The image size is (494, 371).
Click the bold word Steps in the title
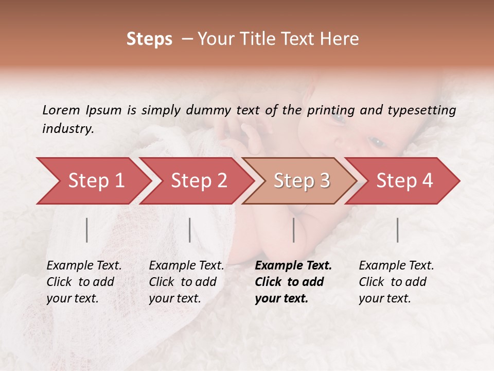(149, 39)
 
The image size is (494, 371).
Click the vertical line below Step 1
(87, 230)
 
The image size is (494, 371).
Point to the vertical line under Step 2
(190, 230)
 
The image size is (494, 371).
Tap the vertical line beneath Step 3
(294, 230)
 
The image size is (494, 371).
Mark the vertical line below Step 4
(398, 230)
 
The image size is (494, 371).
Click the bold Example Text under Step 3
(293, 282)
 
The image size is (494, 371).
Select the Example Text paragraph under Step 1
(84, 282)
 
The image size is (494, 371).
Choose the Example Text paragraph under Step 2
(186, 282)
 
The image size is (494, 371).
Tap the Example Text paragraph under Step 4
(396, 282)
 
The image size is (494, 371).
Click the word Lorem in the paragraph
(61, 110)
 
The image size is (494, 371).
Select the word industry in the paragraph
(67, 129)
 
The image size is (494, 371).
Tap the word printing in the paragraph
(330, 110)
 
